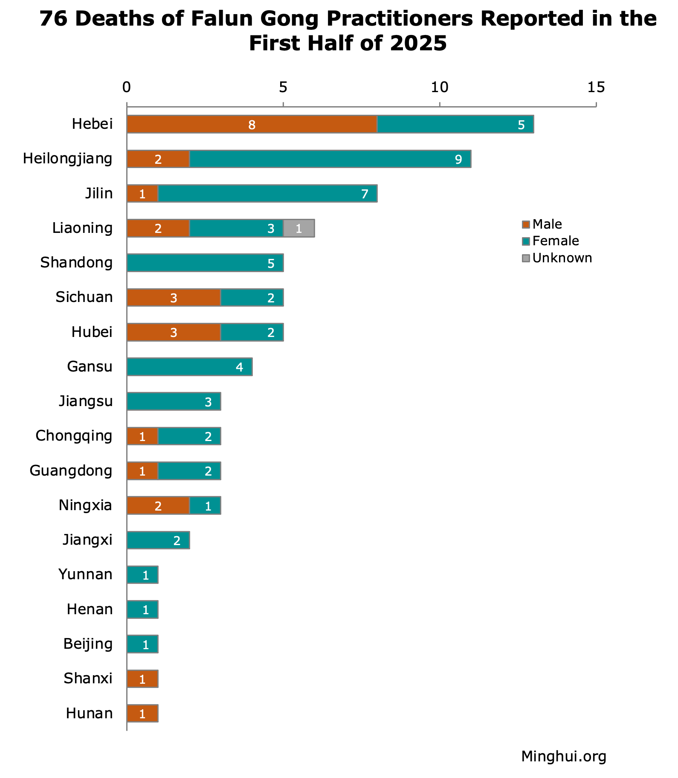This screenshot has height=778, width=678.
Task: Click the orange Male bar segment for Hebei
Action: [252, 124]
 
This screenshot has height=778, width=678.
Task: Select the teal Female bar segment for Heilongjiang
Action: [330, 159]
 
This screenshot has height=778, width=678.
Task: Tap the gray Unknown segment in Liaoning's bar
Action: [299, 228]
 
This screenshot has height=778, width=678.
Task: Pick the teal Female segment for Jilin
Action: [267, 194]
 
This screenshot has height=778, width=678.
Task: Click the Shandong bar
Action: [205, 263]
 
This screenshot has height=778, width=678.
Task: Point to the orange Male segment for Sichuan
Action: [174, 298]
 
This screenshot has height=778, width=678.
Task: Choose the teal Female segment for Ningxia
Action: [205, 505]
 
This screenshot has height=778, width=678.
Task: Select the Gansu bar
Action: [189, 367]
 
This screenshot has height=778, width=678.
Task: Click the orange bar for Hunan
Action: [142, 713]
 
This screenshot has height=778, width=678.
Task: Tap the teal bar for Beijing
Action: [142, 644]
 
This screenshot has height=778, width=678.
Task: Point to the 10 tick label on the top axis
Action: [439, 87]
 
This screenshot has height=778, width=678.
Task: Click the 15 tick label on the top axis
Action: [596, 87]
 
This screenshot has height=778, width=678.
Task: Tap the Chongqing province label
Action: [74, 436]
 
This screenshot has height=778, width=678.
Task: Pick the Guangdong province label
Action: [71, 471]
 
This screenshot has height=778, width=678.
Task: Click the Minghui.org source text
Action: [563, 757]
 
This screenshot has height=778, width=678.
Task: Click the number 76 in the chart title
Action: [53, 19]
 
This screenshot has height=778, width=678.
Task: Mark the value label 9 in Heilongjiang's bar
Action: [458, 160]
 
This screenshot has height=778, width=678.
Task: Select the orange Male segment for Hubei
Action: [174, 332]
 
